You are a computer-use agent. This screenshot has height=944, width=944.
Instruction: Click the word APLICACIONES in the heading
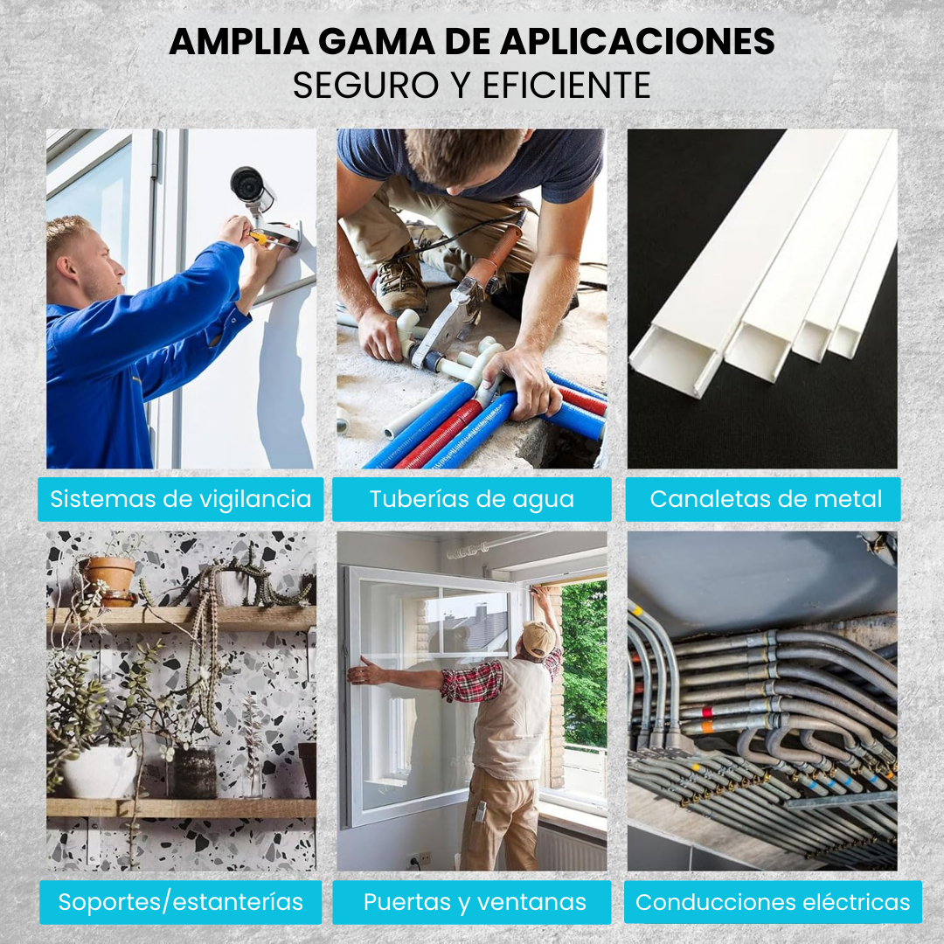(637, 42)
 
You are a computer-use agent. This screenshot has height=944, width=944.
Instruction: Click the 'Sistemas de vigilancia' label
(181, 499)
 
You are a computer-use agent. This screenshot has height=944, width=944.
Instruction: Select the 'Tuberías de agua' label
(471, 499)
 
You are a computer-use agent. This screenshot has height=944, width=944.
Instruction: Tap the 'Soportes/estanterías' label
(181, 902)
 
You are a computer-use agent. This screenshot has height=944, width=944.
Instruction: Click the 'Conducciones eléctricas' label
(773, 902)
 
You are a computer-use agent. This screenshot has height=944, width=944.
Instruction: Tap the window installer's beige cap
(538, 638)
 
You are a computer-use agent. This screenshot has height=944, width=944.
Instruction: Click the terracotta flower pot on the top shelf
(110, 580)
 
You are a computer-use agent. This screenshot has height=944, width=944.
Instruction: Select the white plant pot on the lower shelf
(100, 773)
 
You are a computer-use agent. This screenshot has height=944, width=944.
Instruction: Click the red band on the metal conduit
(707, 713)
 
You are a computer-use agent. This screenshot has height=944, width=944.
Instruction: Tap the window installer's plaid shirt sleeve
(472, 682)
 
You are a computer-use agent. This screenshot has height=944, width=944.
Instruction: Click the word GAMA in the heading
(376, 42)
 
